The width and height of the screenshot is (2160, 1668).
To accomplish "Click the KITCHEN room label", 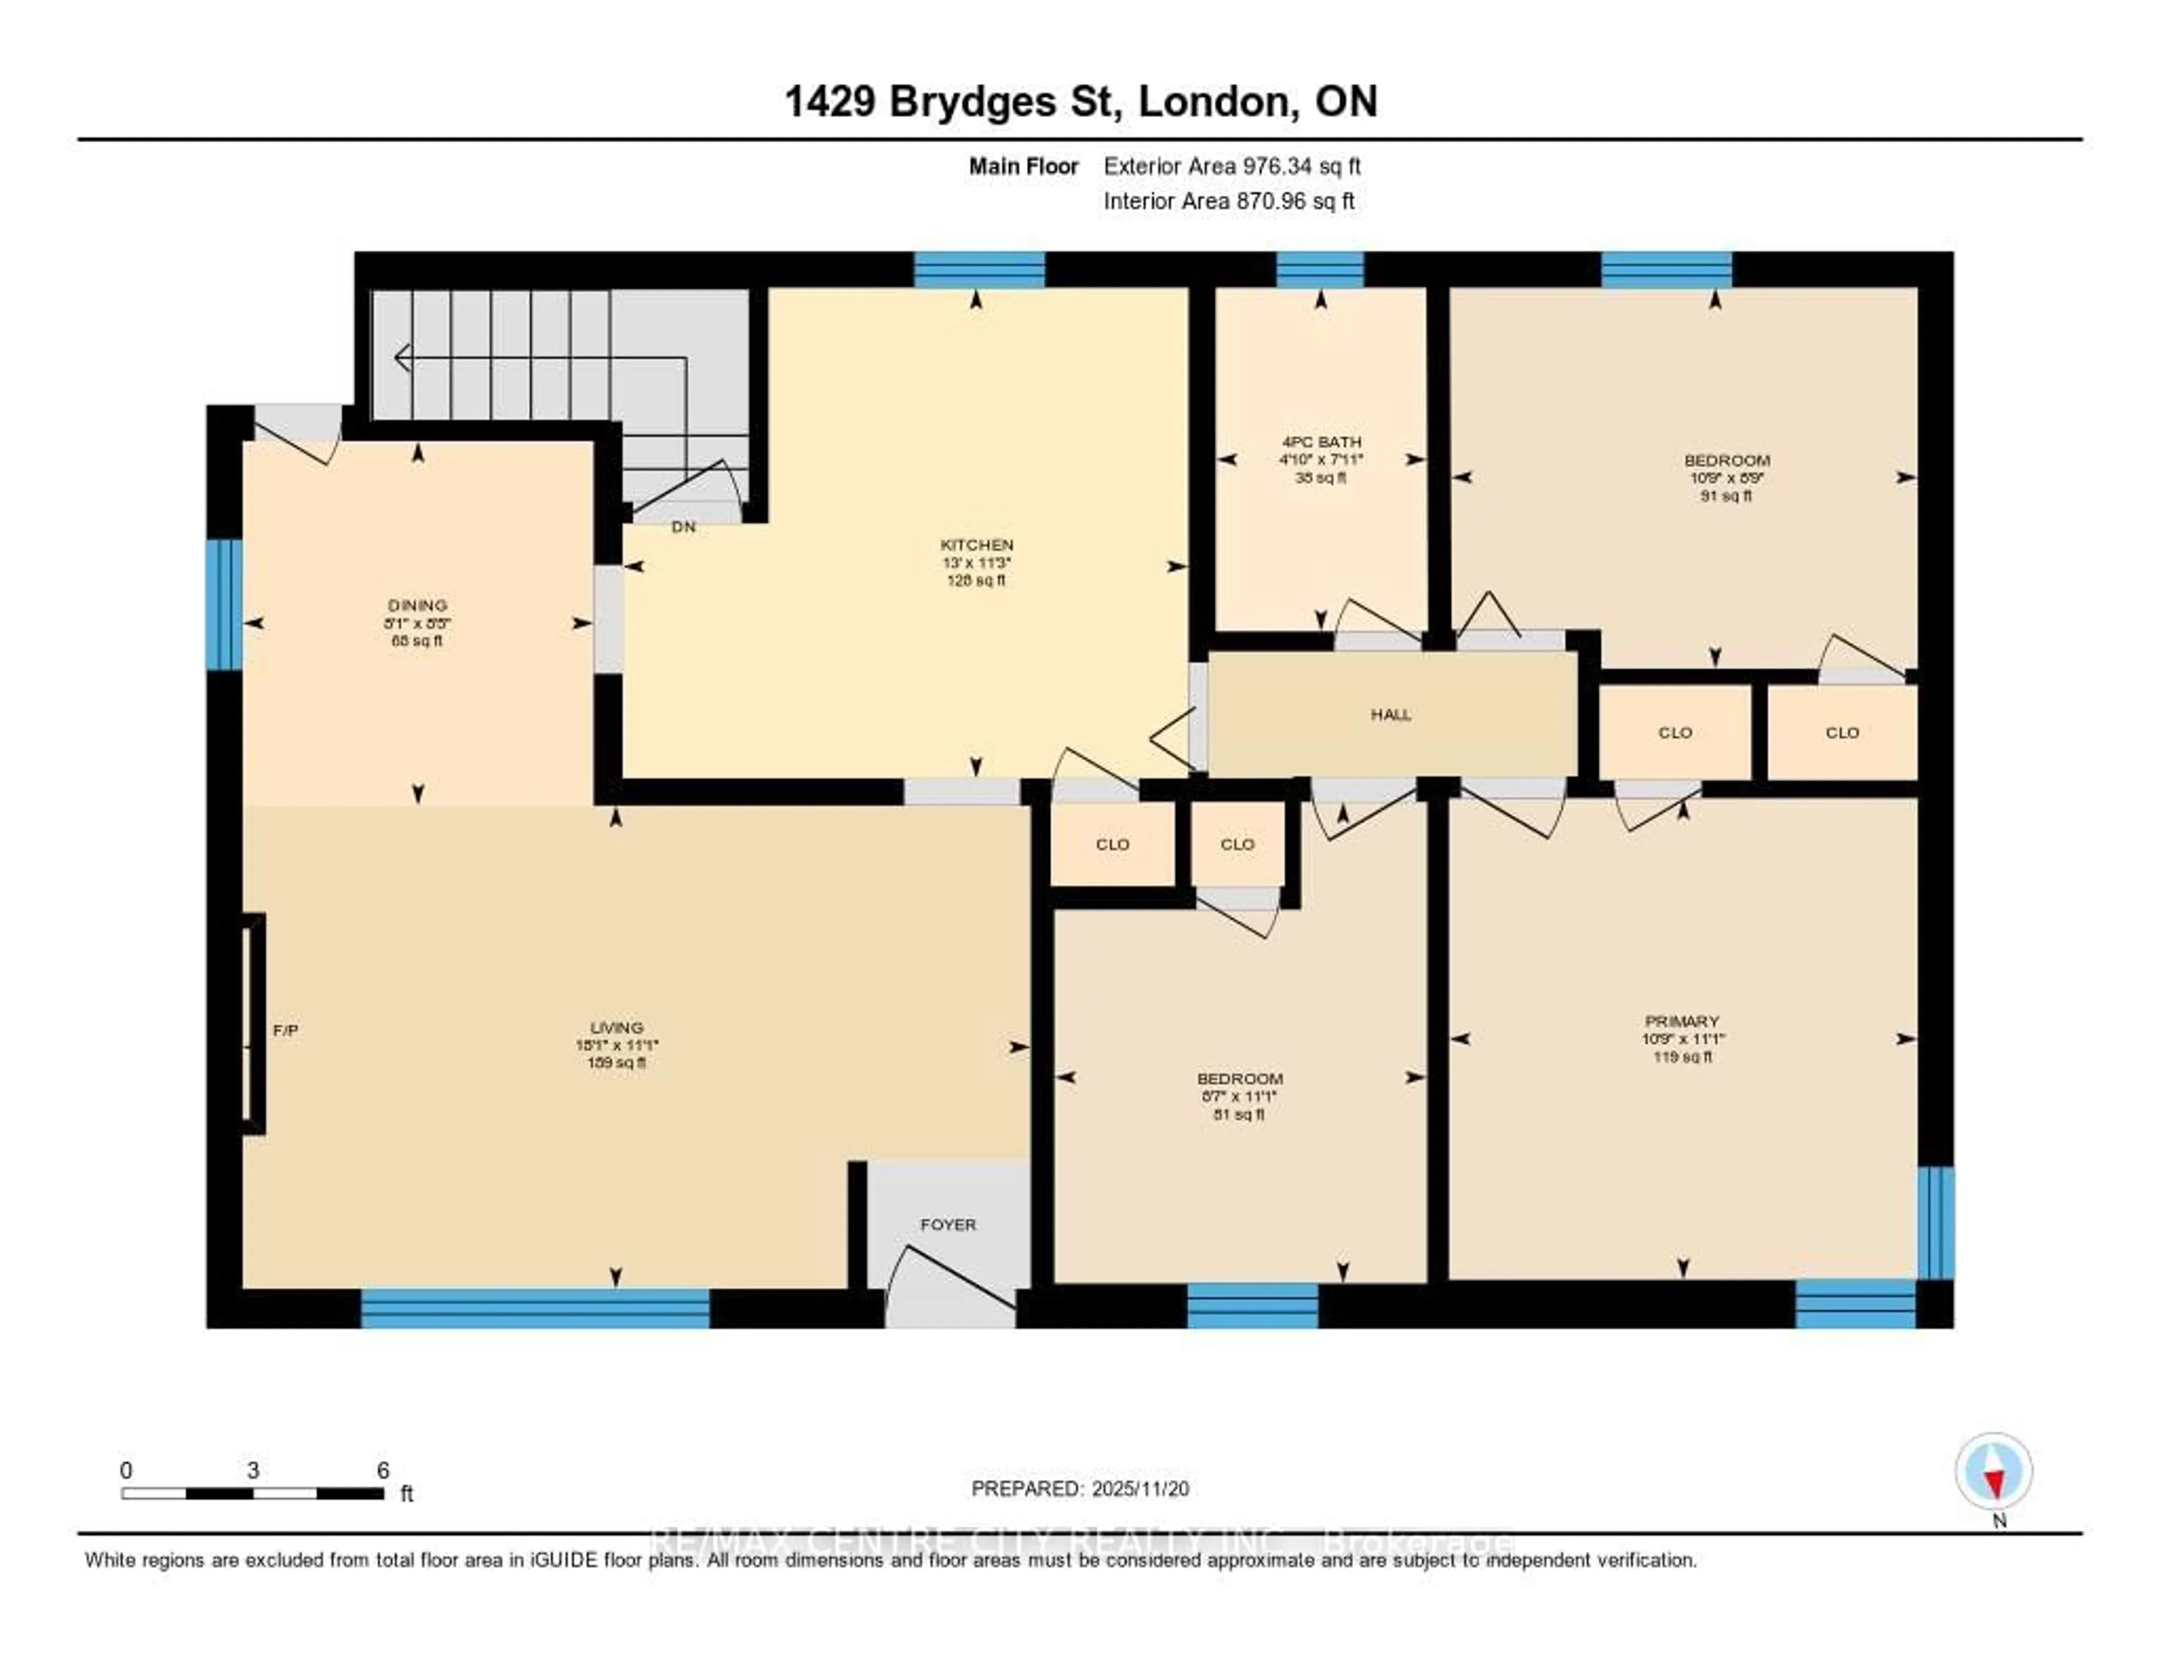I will tap(976, 545).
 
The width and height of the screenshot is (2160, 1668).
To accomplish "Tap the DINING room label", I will tap(416, 605).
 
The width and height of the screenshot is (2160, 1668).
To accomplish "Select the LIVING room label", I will tap(616, 1027).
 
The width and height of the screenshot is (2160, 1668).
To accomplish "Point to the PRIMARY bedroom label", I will tap(1681, 1020).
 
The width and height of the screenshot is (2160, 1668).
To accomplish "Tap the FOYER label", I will tap(947, 1224).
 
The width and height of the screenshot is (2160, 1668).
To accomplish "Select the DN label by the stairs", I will tap(683, 527).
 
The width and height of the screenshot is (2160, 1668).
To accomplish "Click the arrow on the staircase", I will tap(403, 357).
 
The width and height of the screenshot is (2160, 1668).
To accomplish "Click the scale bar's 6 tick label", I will tap(382, 1470).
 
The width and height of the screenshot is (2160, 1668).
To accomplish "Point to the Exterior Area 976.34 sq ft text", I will tap(1231, 166).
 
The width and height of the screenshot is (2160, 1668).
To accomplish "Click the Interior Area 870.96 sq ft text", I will tap(1228, 202).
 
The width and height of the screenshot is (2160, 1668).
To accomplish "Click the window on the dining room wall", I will tap(223, 604).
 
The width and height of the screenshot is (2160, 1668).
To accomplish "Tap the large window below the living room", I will tap(535, 1308).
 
